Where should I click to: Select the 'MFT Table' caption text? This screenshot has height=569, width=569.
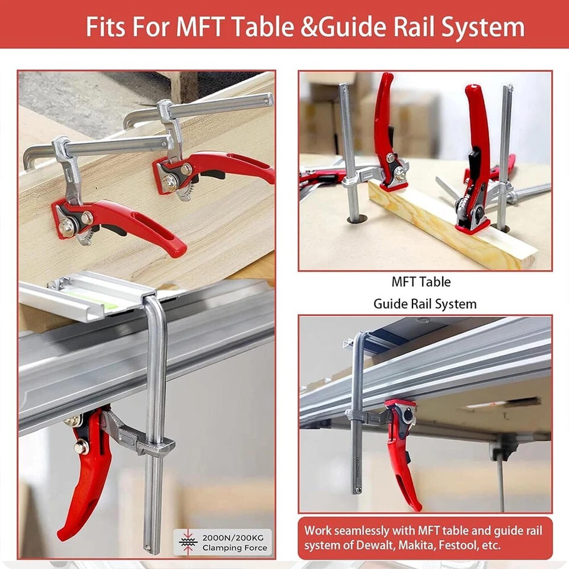coord(421,282)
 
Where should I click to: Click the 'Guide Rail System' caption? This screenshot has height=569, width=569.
coord(424,304)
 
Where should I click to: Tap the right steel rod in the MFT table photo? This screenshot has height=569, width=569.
coord(505,154)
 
